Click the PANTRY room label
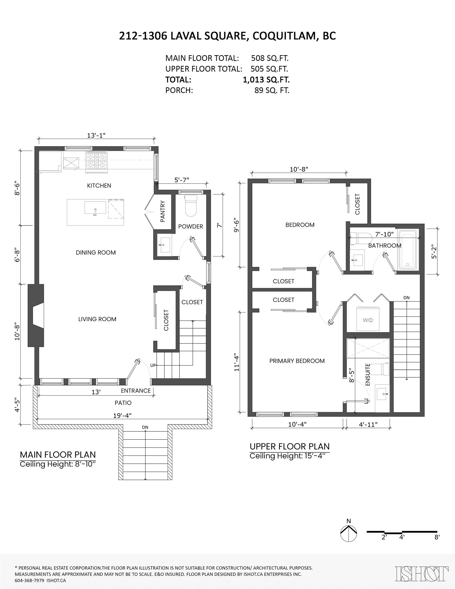click(x=163, y=211)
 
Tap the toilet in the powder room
click(x=191, y=206)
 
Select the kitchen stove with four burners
click(x=96, y=162)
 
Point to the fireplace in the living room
click(x=36, y=315)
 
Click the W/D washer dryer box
click(x=368, y=319)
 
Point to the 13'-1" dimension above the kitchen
click(x=96, y=135)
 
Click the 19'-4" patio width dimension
click(x=122, y=416)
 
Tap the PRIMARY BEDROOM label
click(x=297, y=361)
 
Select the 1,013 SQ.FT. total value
click(x=266, y=80)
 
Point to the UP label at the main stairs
click(x=153, y=365)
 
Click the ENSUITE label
click(x=367, y=375)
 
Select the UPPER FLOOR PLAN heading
click(x=290, y=447)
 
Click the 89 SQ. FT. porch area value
click(x=272, y=90)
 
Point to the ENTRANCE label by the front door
click(x=136, y=391)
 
